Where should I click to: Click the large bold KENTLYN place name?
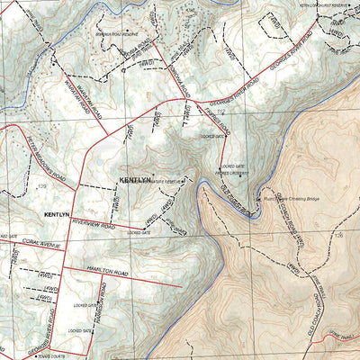136,180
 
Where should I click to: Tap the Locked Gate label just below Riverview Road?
139,233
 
